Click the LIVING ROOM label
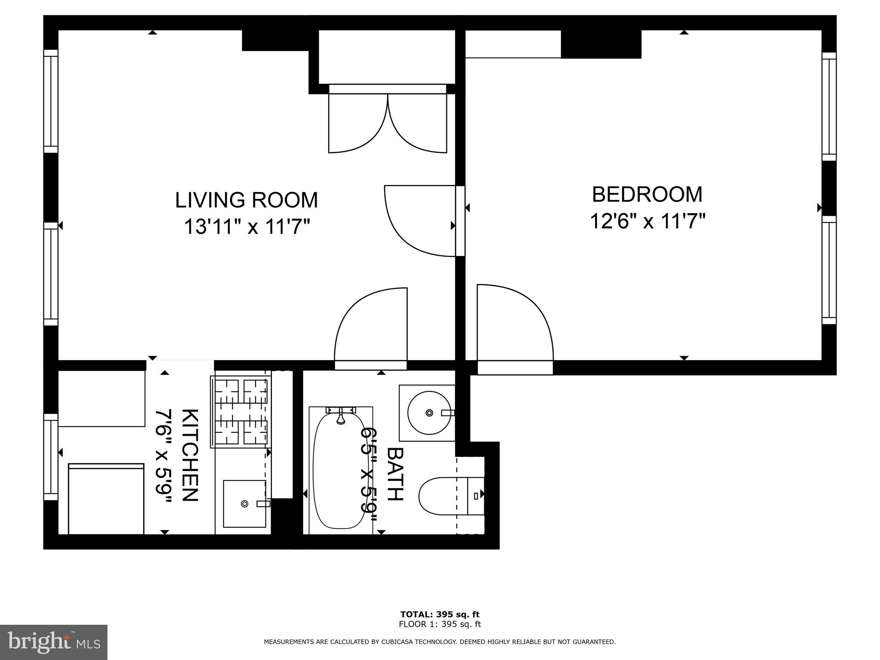tap(246, 200)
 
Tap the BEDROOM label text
tap(647, 195)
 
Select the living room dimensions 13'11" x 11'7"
tap(247, 227)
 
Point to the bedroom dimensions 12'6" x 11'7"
tap(648, 222)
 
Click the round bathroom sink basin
tap(429, 412)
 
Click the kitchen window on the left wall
tap(51, 457)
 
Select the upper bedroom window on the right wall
tap(829, 106)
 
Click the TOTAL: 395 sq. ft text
tap(440, 614)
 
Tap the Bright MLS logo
tap(54, 642)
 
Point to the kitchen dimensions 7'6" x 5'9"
tap(164, 456)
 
